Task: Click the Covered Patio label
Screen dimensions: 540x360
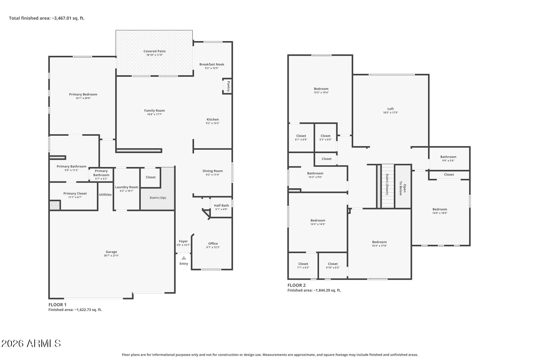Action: point(154,51)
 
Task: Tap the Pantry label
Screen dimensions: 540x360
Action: point(228,86)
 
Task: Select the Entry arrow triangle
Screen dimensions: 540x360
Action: point(184,258)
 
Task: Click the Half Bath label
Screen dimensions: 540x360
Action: point(221,206)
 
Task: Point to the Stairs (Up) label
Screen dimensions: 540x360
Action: point(158,198)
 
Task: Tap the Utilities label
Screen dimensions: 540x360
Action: point(105,195)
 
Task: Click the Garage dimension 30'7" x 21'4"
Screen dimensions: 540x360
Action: point(111,256)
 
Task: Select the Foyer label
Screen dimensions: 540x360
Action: point(183,241)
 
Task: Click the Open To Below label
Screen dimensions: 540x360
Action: point(402,188)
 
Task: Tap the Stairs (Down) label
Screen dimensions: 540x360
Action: point(387,184)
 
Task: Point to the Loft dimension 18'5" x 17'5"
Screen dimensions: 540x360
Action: point(391,113)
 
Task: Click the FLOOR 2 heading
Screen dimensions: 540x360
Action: point(297,285)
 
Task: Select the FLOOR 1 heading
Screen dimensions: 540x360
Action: point(57,305)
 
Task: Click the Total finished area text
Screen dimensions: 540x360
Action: point(47,18)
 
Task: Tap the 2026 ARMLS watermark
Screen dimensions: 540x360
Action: point(31,343)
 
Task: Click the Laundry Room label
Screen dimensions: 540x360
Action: point(127,187)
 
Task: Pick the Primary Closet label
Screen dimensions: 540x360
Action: point(75,193)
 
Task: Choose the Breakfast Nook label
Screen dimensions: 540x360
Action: point(212,64)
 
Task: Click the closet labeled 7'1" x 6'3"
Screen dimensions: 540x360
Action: point(303,265)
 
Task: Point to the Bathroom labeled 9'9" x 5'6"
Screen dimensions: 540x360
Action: point(448,158)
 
